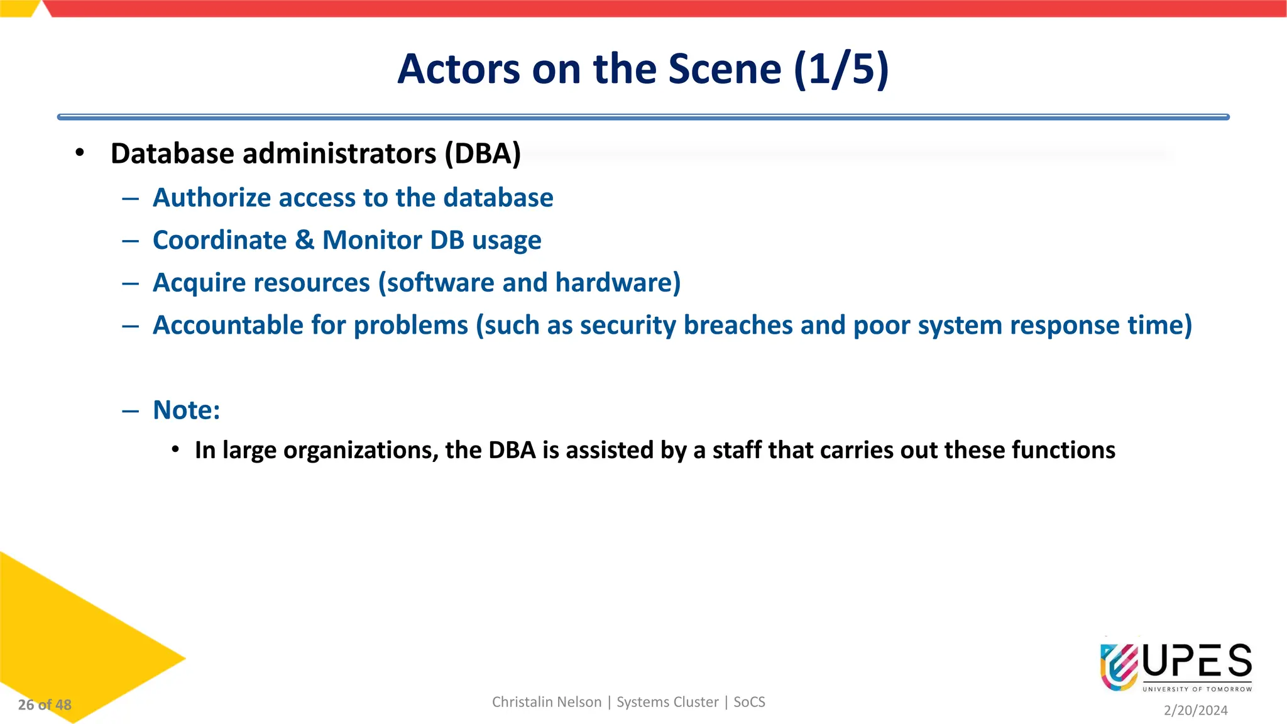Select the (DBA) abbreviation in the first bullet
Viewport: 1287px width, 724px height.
coord(483,154)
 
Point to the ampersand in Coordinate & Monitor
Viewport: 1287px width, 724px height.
coord(304,240)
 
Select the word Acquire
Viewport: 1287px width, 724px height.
coord(198,283)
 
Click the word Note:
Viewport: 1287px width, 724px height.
coord(187,410)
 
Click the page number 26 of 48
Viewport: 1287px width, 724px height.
coord(45,705)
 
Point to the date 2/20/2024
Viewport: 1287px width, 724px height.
coord(1195,710)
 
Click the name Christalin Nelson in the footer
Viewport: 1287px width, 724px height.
coord(546,702)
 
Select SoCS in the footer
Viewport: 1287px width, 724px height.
coord(749,702)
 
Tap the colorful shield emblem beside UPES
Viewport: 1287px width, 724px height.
coord(1119,666)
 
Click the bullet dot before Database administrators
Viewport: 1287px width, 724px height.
coord(79,153)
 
